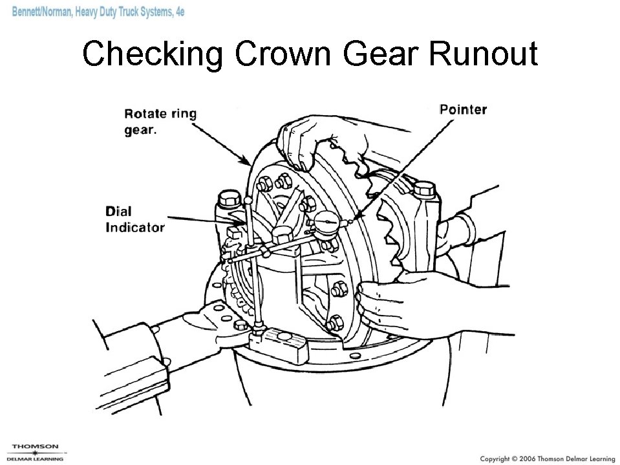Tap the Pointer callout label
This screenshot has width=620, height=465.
coord(463,109)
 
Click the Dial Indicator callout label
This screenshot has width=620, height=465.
coord(135,219)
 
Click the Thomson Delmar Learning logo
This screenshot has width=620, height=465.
coord(36,451)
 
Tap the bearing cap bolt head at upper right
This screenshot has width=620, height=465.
coord(425,189)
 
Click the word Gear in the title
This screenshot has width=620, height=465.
coord(383,54)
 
